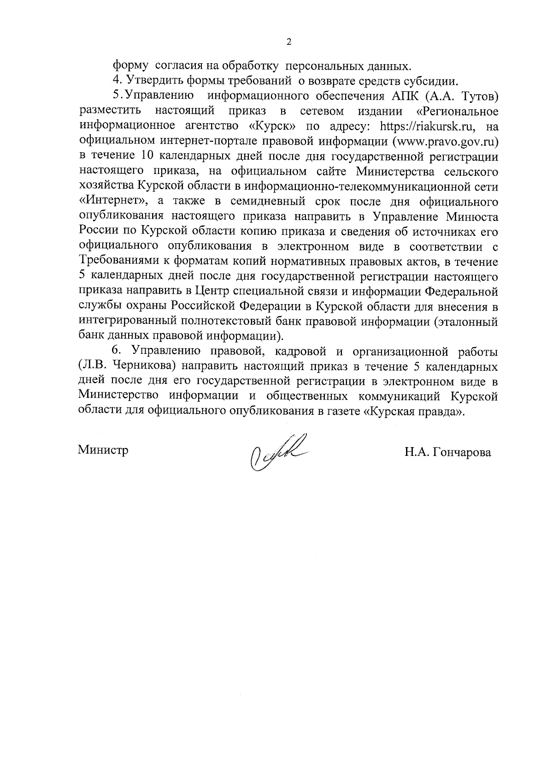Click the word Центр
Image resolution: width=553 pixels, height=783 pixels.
(212, 292)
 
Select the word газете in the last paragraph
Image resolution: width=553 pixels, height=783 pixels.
(343, 412)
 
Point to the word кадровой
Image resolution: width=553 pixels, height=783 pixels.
(303, 352)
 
